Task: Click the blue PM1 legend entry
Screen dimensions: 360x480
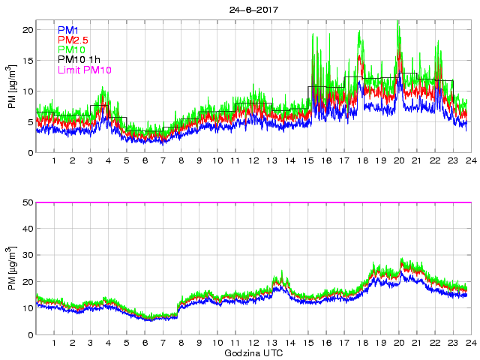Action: pos(68,31)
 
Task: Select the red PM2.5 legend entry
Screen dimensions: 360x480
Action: pos(74,40)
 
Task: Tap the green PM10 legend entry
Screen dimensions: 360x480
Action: pos(71,50)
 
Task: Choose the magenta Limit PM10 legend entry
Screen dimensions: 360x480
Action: pos(84,70)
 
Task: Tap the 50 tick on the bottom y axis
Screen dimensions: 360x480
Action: pos(28,202)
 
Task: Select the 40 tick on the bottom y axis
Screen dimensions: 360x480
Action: pos(28,229)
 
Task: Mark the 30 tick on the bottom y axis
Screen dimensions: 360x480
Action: pos(28,256)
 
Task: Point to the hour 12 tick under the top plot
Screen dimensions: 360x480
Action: pos(253,160)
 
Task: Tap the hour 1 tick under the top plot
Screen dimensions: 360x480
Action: pos(54,160)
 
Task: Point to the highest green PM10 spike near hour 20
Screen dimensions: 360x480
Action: pos(397,22)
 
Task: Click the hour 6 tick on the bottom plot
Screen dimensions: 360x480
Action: pos(145,343)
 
